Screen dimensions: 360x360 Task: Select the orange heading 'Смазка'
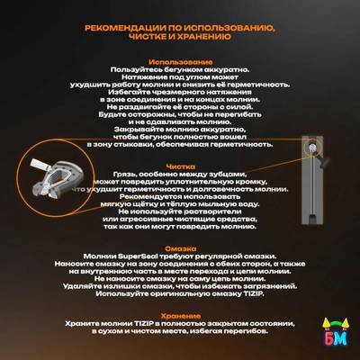pyautogui.click(x=180, y=247)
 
